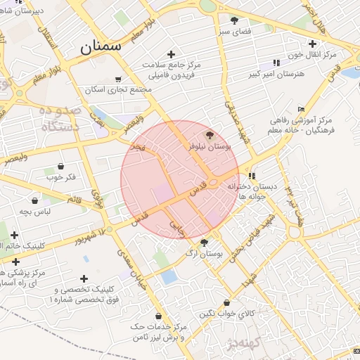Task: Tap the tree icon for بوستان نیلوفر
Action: tap(210, 134)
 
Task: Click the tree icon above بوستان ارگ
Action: tap(204, 243)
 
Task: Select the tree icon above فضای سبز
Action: tap(234, 20)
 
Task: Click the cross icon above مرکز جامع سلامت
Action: tap(170, 54)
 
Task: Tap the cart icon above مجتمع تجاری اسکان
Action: tap(117, 79)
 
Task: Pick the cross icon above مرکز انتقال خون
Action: tap(312, 44)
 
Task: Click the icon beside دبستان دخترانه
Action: tap(252, 176)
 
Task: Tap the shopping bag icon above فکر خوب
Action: tap(60, 167)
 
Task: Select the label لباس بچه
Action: tap(34, 212)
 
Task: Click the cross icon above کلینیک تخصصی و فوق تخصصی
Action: tap(84, 279)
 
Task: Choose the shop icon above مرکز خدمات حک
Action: tap(159, 316)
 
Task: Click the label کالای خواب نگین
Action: tap(226, 313)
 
